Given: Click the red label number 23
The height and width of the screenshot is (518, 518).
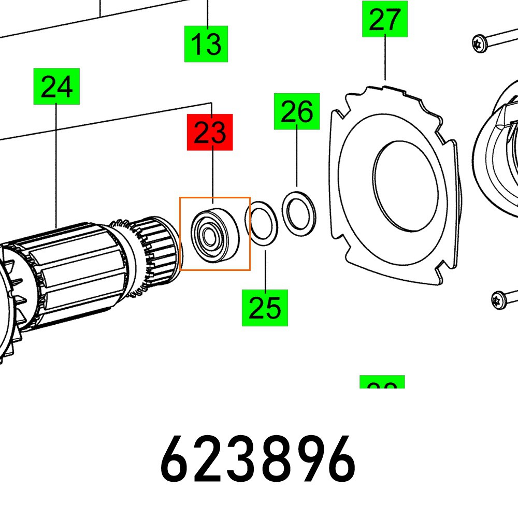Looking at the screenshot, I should coord(210,132).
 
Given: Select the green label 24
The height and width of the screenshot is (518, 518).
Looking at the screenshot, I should coord(56,86).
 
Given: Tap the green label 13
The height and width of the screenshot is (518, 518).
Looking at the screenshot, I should coord(206,44).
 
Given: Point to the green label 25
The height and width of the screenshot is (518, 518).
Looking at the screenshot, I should coord(265,308).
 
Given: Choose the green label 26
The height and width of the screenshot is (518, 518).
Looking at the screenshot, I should coord(297,111).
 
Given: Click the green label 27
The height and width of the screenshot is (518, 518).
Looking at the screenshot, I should coord(384,19).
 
